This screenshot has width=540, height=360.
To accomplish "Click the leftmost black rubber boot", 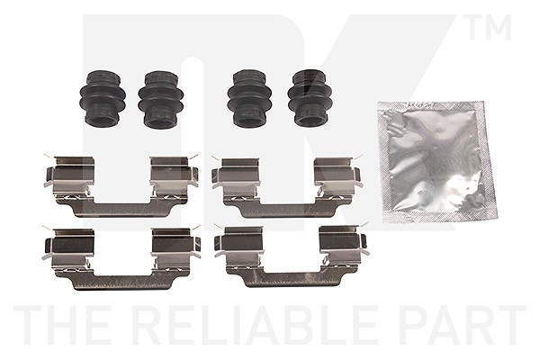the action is pos(103,98).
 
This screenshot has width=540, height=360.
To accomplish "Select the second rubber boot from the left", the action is pos(161,99).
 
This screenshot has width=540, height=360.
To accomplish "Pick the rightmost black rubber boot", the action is pos(310,98).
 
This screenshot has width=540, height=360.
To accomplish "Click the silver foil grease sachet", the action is pos(437,161).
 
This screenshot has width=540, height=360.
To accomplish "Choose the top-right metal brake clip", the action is pos(287,188).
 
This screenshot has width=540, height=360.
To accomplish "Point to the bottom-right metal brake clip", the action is pos(292,256).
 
